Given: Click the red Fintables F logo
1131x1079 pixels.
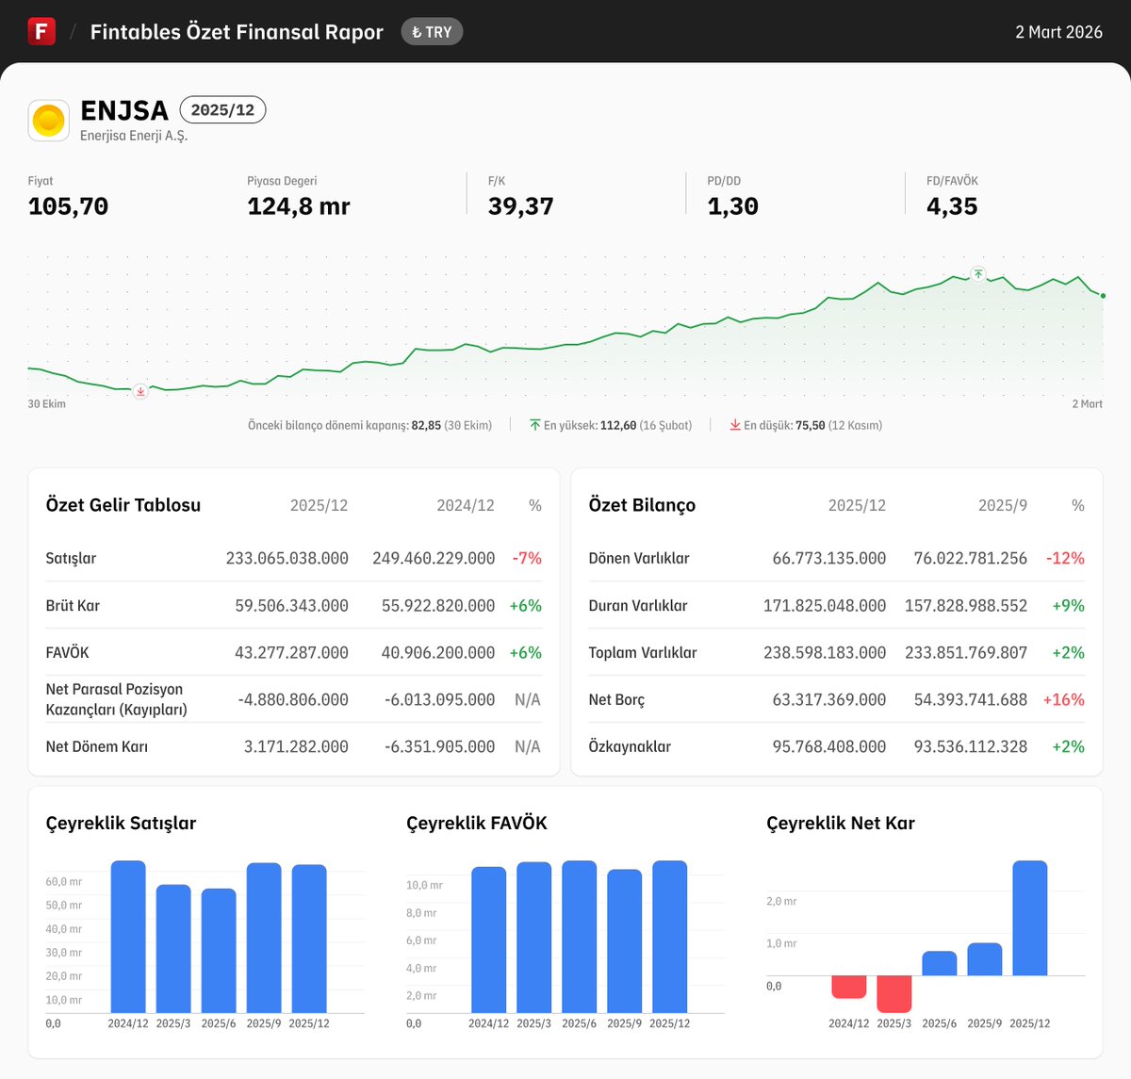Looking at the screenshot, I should pyautogui.click(x=41, y=31).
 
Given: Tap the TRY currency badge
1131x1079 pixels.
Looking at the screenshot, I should pyautogui.click(x=432, y=32).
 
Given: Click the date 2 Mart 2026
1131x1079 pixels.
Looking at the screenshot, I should pyautogui.click(x=1058, y=32).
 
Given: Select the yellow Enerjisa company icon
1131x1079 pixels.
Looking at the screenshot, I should pyautogui.click(x=48, y=121).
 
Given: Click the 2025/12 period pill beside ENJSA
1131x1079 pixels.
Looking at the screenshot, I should pyautogui.click(x=222, y=110).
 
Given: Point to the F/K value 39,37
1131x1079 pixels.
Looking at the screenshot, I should pyautogui.click(x=520, y=206).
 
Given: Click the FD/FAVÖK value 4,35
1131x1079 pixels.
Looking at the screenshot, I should pyautogui.click(x=952, y=206).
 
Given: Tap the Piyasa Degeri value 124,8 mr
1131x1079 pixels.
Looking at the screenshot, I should pyautogui.click(x=298, y=206).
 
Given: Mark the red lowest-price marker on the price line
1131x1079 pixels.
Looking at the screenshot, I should pyautogui.click(x=140, y=391).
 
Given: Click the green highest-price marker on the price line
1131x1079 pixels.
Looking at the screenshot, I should pyautogui.click(x=978, y=274).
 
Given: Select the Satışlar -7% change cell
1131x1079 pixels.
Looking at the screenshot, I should pyautogui.click(x=527, y=559).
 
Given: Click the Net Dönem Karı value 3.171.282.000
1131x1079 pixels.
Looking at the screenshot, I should pyautogui.click(x=296, y=747).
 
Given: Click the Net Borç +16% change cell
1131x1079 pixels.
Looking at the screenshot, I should pyautogui.click(x=1063, y=700).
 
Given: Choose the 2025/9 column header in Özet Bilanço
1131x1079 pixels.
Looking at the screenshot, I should pyautogui.click(x=1002, y=506).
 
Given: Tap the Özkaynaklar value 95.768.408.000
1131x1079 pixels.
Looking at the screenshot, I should pyautogui.click(x=829, y=747).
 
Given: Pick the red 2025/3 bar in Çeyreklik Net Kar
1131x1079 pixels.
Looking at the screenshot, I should pyautogui.click(x=893, y=993).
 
